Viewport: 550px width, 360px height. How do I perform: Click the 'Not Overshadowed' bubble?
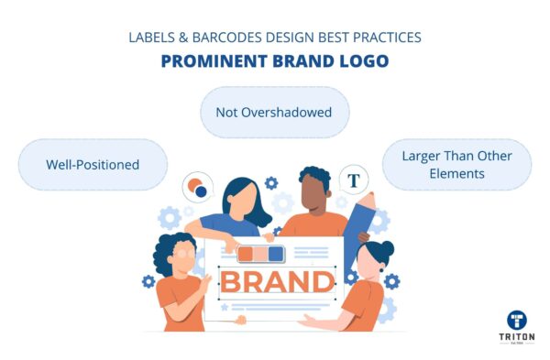[274, 113]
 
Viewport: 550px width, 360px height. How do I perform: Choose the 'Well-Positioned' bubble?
[93, 165]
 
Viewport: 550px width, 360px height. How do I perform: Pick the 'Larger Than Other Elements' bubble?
[456, 164]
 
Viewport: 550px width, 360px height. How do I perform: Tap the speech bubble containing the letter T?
[353, 180]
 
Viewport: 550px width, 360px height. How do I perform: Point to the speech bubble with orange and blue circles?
[197, 189]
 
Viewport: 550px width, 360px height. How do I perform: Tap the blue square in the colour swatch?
[275, 254]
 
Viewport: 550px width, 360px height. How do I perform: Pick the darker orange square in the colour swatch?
[247, 254]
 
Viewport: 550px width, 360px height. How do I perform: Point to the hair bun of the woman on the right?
[386, 248]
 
